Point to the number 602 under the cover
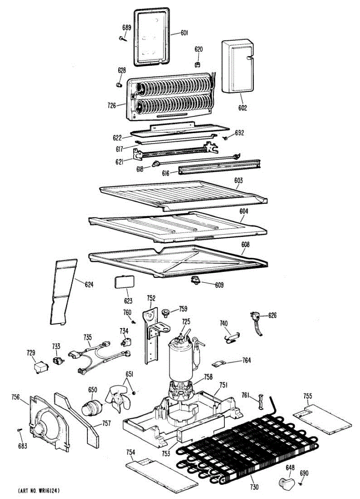[x=243, y=108]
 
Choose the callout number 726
[x=112, y=106]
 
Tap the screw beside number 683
[x=19, y=430]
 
